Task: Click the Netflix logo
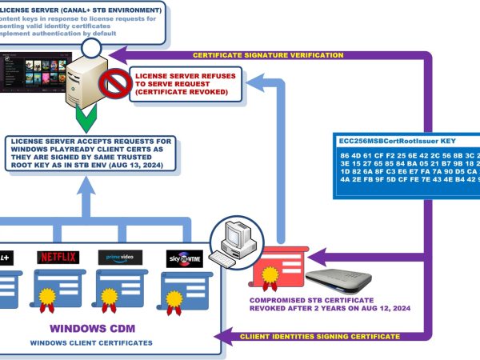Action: coord(58,258)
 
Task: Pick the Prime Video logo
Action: coord(119,258)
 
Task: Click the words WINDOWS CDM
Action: coord(96,328)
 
